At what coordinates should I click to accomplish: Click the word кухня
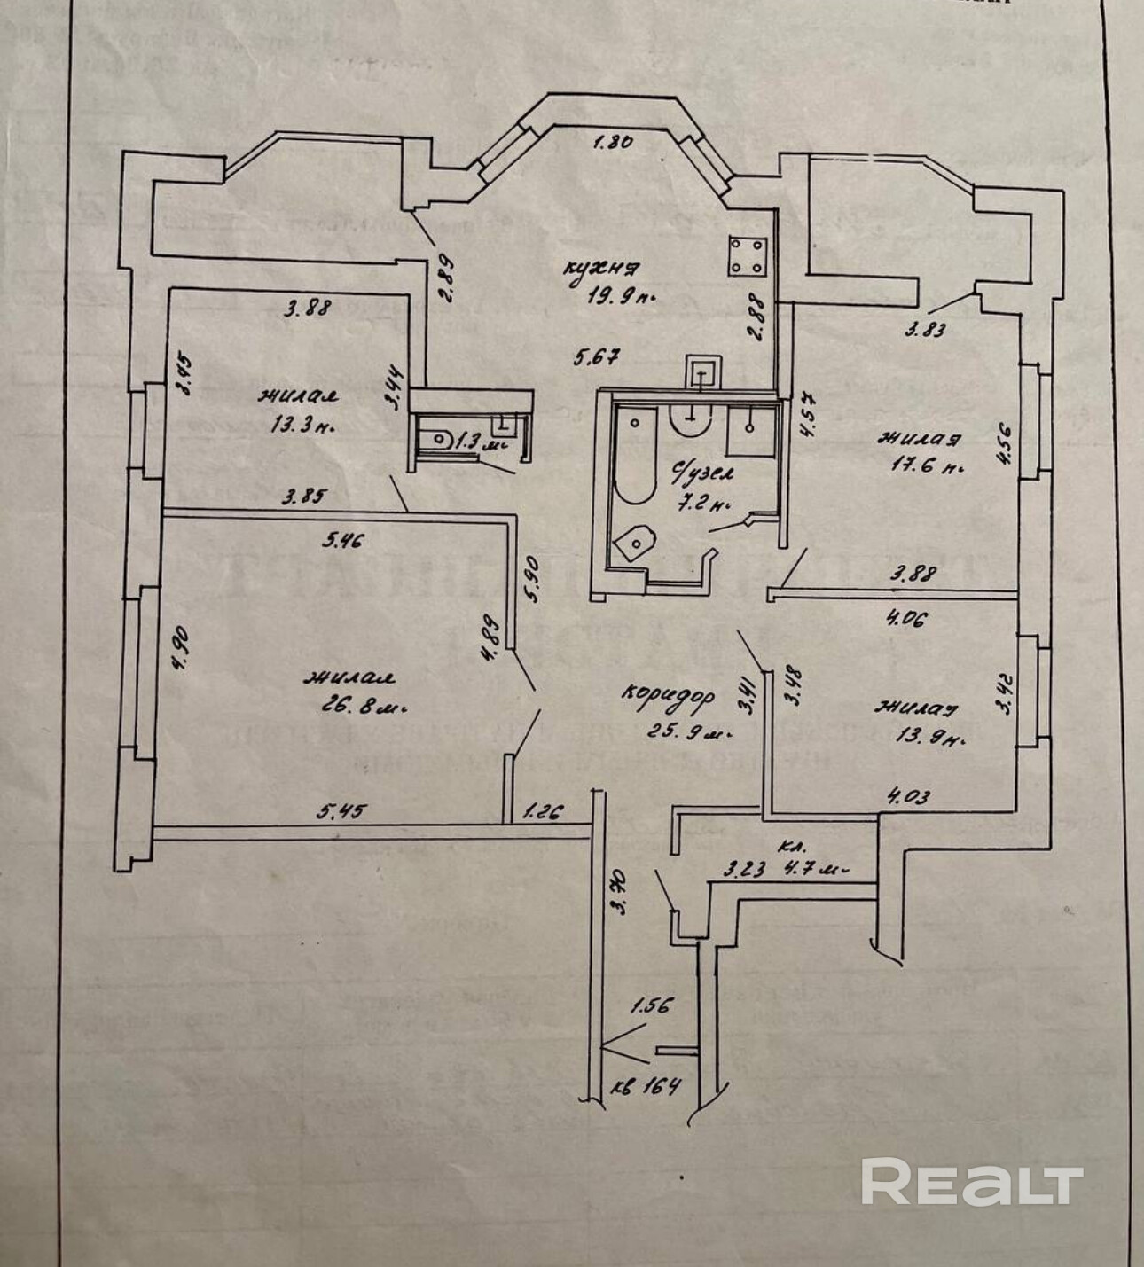click(x=605, y=269)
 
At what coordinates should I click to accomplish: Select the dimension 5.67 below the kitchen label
click(x=596, y=356)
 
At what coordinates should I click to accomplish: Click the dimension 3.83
click(x=923, y=331)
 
